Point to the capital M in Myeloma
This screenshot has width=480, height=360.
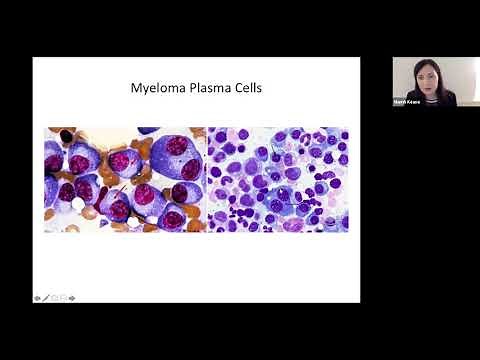click(x=136, y=88)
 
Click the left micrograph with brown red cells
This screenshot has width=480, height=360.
click(x=124, y=179)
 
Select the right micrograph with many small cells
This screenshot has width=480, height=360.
click(x=277, y=179)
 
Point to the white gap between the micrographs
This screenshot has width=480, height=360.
click(x=206, y=179)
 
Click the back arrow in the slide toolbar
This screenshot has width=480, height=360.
click(x=37, y=297)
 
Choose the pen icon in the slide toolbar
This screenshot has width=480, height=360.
click(x=46, y=297)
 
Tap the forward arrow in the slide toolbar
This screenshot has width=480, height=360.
click(x=72, y=297)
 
